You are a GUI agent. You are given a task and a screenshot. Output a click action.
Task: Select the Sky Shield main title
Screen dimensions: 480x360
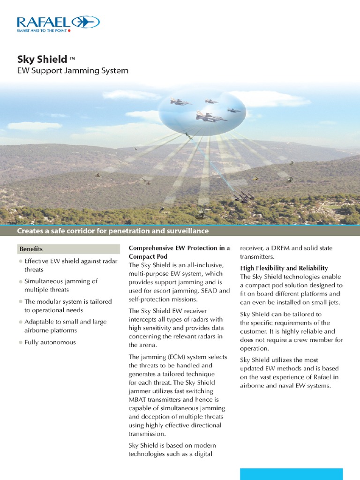42,59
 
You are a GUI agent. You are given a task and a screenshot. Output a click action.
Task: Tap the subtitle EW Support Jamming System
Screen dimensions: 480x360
73,71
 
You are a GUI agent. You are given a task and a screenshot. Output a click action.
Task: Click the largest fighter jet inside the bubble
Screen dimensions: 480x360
211,117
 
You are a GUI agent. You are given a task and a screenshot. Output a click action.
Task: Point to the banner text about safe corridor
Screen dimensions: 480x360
112,231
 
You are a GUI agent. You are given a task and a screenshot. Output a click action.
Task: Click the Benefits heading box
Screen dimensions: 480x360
68,249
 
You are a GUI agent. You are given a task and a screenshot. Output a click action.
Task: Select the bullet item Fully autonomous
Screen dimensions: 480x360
50,342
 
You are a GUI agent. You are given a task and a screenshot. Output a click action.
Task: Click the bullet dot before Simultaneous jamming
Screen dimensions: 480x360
20,281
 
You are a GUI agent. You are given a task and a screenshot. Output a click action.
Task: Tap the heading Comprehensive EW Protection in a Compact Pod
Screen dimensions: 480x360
179,252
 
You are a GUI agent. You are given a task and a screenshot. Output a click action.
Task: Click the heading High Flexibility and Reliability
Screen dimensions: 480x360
284,268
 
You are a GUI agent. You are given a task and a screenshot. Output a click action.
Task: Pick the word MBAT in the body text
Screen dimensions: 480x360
139,399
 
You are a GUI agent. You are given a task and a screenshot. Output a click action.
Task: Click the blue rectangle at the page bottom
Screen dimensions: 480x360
291,473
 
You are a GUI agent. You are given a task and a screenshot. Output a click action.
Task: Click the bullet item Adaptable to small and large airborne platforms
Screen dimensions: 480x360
65,326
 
